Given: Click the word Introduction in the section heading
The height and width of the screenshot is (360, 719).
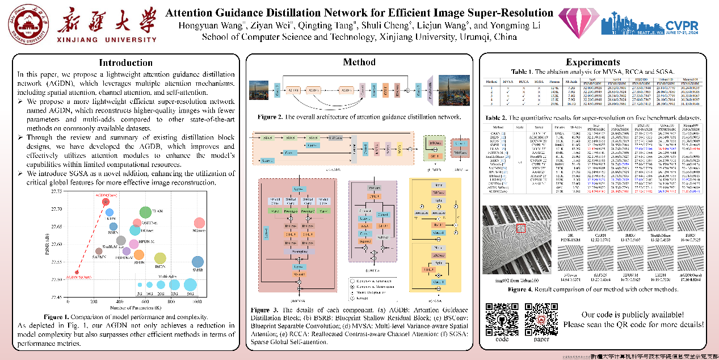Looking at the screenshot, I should coord(125,62).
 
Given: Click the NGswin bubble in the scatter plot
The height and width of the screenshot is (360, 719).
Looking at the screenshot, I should coord(199,223).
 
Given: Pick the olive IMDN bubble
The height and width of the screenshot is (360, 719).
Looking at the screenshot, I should coord(161,259).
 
